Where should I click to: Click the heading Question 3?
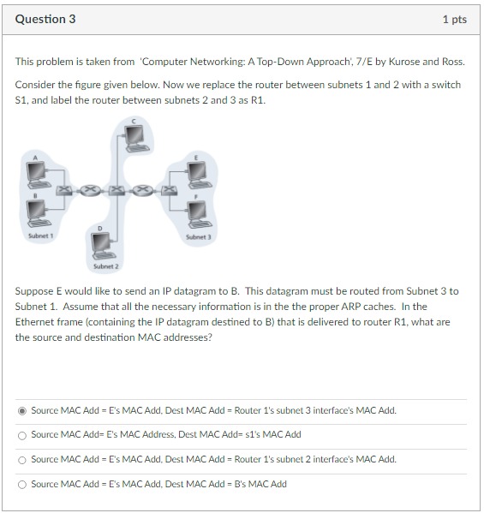tap(45, 19)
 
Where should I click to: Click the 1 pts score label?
tap(454, 19)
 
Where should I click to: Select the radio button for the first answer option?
tap(22, 410)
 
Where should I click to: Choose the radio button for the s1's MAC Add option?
tap(22, 435)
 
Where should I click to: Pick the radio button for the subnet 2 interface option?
tap(22, 459)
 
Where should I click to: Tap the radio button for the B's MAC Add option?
tap(22, 484)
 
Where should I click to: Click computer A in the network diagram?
tap(37, 175)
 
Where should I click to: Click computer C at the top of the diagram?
tap(135, 135)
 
